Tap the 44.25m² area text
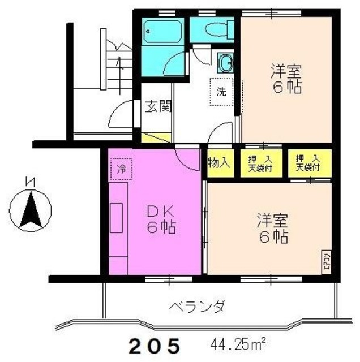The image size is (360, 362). pyautogui.click(x=238, y=343)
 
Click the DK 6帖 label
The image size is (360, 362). pyautogui.click(x=161, y=221)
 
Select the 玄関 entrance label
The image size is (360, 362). pyautogui.click(x=157, y=106)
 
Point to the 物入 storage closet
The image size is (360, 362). pyautogui.click(x=219, y=162)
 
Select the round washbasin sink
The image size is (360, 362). pyautogui.click(x=225, y=61)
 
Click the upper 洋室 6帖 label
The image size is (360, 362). pyautogui.click(x=285, y=80)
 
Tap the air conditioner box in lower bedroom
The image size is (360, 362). pyautogui.click(x=327, y=261)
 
